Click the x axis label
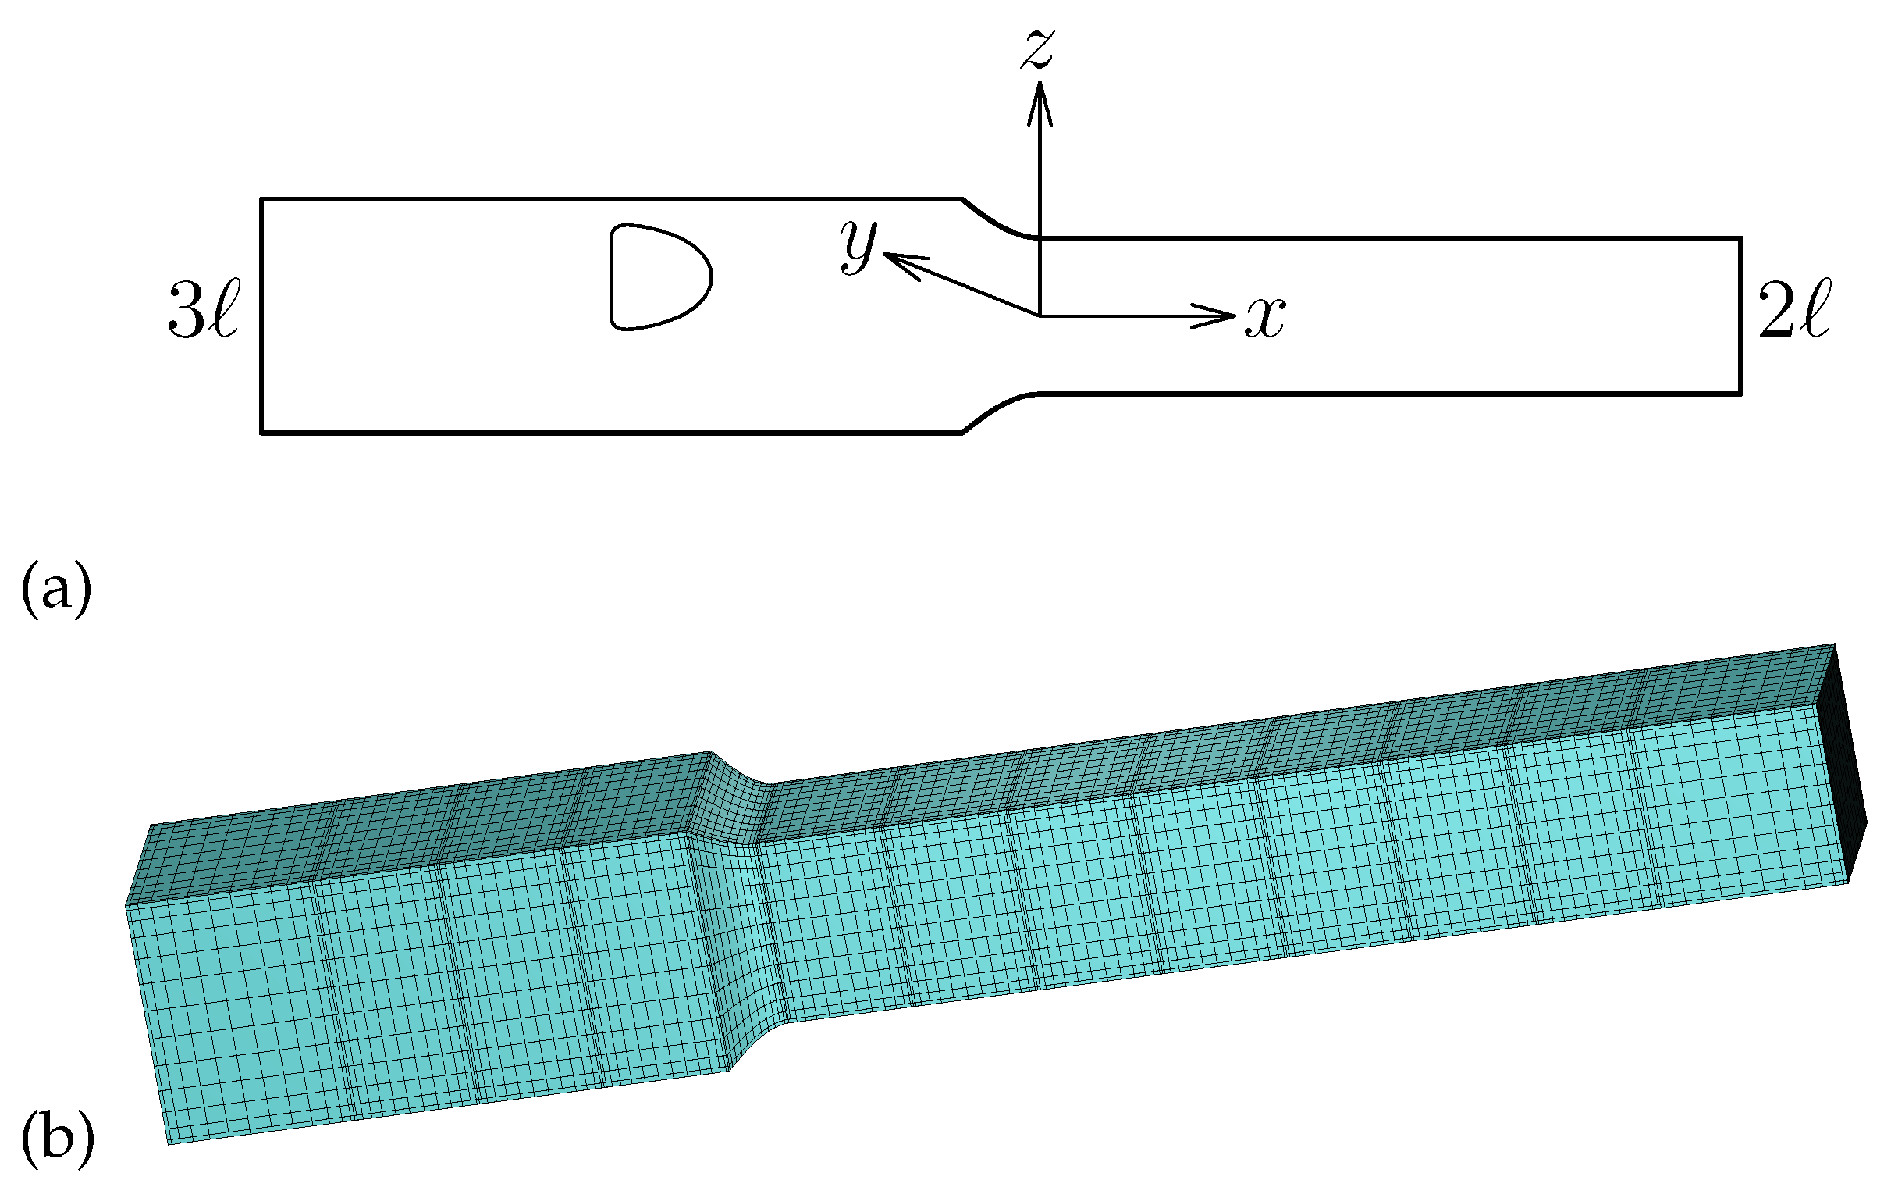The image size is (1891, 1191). point(1264,318)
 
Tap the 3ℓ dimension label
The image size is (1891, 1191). point(203,311)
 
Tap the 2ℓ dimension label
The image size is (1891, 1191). point(1794,311)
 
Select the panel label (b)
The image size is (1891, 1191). point(56,1137)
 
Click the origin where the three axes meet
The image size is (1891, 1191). point(1040,316)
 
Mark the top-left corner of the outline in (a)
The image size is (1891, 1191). point(261,200)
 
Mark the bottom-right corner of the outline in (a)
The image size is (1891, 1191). point(1741,393)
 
